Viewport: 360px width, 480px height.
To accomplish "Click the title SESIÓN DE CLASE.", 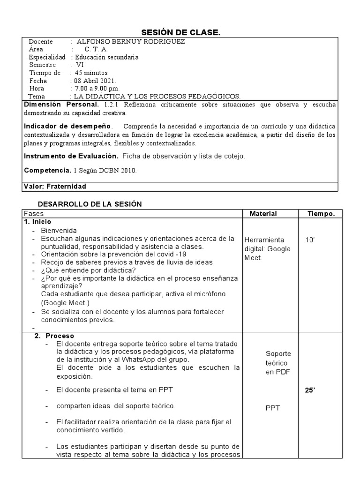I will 180,32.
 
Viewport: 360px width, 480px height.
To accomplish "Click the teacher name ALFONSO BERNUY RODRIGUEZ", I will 131,42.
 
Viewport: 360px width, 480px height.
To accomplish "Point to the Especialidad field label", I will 47,57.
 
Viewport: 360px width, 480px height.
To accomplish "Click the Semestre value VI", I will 80,65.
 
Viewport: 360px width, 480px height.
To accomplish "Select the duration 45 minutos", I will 91,73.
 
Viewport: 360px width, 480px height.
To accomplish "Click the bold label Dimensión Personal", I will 61,105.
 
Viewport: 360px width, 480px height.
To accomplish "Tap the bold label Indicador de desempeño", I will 68,127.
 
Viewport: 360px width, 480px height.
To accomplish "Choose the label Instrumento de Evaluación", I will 71,156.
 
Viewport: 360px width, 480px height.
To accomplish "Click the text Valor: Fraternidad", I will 55,187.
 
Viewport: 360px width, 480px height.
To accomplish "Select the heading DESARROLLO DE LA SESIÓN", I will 90,204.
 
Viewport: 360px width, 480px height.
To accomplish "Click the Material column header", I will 263,214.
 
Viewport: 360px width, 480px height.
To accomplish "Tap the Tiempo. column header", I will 321,214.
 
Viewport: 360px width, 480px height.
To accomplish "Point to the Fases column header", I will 33,214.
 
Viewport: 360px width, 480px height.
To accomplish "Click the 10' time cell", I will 310,240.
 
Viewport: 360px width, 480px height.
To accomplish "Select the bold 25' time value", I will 310,390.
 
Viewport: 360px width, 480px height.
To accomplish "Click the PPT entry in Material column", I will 273,408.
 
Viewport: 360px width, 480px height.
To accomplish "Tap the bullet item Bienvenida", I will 59,231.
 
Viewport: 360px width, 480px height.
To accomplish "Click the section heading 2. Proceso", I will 54,336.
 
